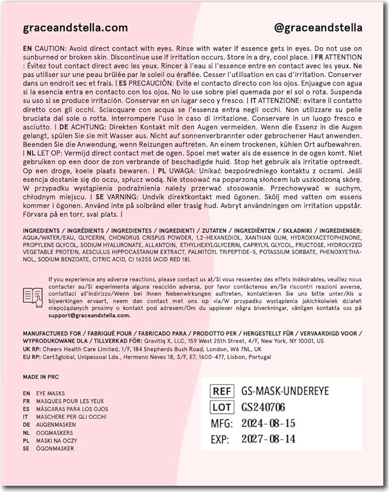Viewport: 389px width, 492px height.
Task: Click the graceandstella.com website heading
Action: click(75, 28)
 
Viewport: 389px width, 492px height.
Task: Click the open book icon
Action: click(33, 296)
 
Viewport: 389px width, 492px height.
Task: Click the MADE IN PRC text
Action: click(41, 377)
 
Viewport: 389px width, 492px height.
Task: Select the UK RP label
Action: click(32, 349)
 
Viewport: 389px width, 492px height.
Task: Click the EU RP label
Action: click(32, 357)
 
